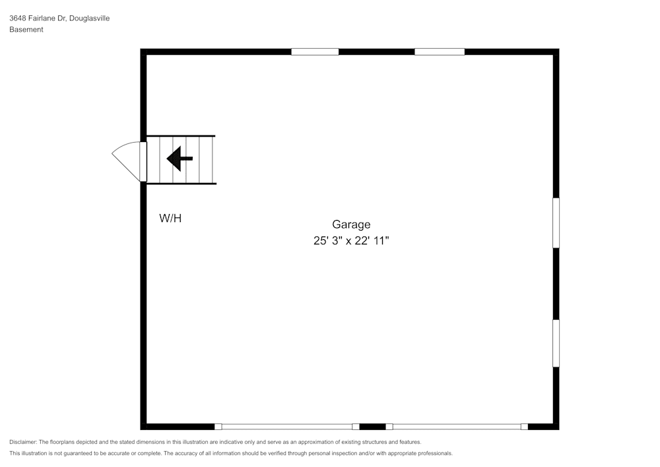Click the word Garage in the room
(x=351, y=225)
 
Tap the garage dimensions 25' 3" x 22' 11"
(x=351, y=241)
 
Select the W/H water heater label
(x=170, y=218)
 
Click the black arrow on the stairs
(x=179, y=159)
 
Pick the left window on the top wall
(x=315, y=52)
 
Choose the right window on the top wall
(x=440, y=52)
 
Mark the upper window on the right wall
(x=556, y=223)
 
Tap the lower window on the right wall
(x=556, y=343)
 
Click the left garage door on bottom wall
(x=287, y=427)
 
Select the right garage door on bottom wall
(x=457, y=427)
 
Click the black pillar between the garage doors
(x=372, y=427)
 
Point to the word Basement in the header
(x=26, y=30)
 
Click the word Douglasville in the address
(x=89, y=18)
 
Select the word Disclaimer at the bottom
(x=22, y=442)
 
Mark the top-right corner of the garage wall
(x=556, y=52)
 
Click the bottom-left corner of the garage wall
(x=143, y=427)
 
